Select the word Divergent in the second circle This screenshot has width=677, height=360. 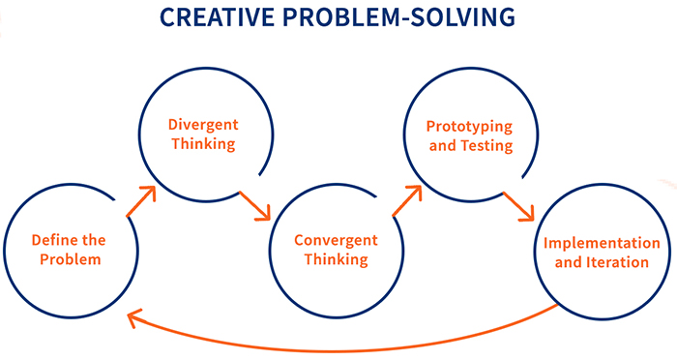pos(203,126)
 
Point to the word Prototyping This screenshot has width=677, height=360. pos(469,128)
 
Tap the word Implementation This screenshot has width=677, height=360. pos(602,243)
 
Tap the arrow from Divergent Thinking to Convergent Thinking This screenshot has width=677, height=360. pos(256,205)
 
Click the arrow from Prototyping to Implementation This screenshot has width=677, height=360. pos(519,207)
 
